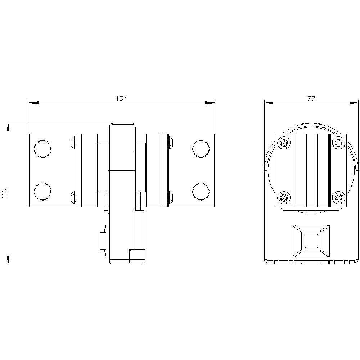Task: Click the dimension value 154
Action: tap(121, 99)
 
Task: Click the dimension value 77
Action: tap(311, 99)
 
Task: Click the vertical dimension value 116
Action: tap(4, 193)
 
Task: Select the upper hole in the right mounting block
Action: tap(201, 148)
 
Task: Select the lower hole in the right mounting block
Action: tap(201, 191)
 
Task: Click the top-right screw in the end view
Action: tap(338, 143)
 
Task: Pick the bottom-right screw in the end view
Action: tap(338, 197)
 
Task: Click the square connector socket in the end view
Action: tap(311, 241)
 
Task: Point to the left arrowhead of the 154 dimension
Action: tap(33, 103)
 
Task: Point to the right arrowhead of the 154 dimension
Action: tap(211, 103)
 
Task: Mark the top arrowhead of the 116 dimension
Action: tap(8, 128)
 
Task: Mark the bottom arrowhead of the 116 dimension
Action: tap(8, 259)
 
